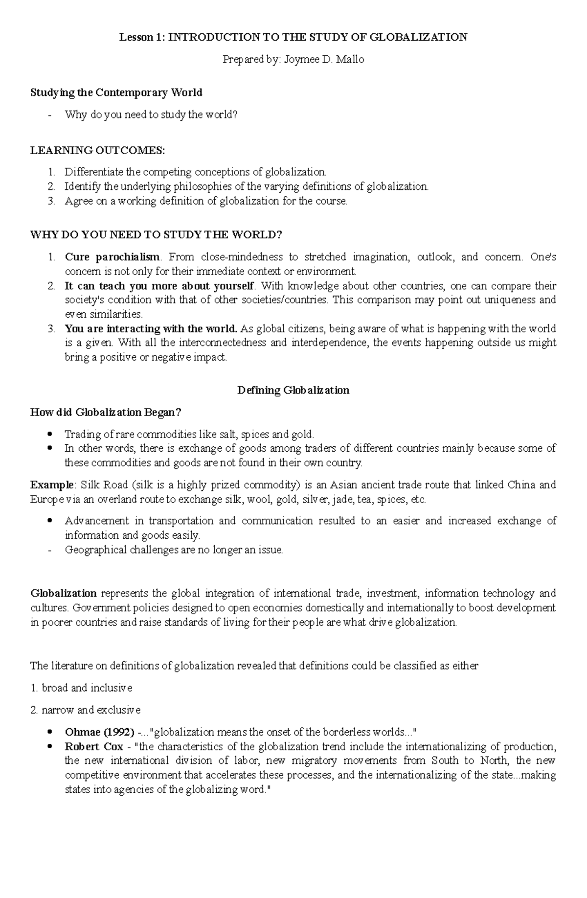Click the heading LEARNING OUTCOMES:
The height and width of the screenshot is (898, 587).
point(98,150)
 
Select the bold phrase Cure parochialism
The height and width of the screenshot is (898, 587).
point(112,257)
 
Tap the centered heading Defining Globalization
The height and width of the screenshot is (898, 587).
point(293,390)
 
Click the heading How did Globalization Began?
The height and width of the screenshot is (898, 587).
point(106,412)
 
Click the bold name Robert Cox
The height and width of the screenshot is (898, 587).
point(94,747)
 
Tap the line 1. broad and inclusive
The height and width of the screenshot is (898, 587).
point(81,688)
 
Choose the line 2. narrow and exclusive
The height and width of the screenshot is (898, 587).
point(85,710)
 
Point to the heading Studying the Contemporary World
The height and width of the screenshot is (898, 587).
point(116,92)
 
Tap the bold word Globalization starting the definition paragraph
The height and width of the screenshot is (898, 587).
point(64,594)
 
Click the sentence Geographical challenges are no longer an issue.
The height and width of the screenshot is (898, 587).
point(174,550)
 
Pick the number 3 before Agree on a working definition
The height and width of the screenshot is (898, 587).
point(51,201)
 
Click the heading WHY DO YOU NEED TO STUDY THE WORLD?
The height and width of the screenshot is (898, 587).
point(156,235)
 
